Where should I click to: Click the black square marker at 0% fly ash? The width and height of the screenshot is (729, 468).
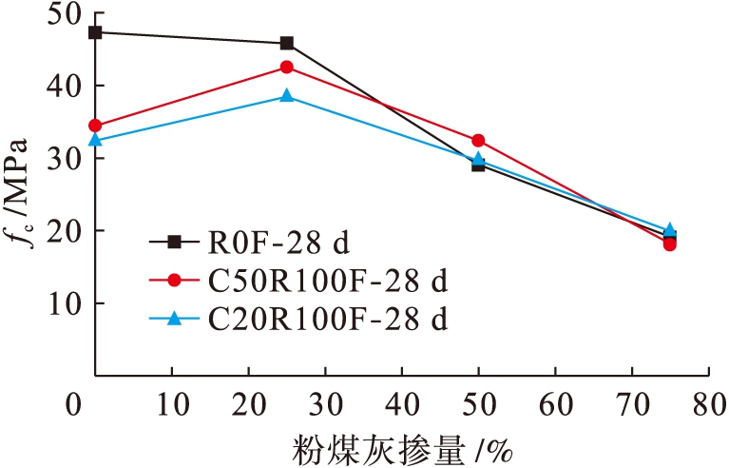[x=95, y=32]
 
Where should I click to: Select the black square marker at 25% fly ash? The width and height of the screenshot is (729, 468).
[x=287, y=43]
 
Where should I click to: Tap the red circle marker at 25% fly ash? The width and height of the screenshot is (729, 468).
[x=287, y=68]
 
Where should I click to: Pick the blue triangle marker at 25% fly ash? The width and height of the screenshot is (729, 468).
[x=287, y=95]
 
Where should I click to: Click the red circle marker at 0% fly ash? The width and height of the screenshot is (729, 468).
[x=95, y=126]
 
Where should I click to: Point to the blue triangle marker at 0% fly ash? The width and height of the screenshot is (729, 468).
[x=95, y=140]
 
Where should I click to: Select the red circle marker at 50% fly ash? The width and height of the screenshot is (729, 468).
[x=478, y=141]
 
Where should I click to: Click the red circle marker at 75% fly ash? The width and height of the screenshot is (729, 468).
[x=670, y=244]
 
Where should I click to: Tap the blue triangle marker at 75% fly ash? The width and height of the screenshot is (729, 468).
[x=670, y=230]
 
